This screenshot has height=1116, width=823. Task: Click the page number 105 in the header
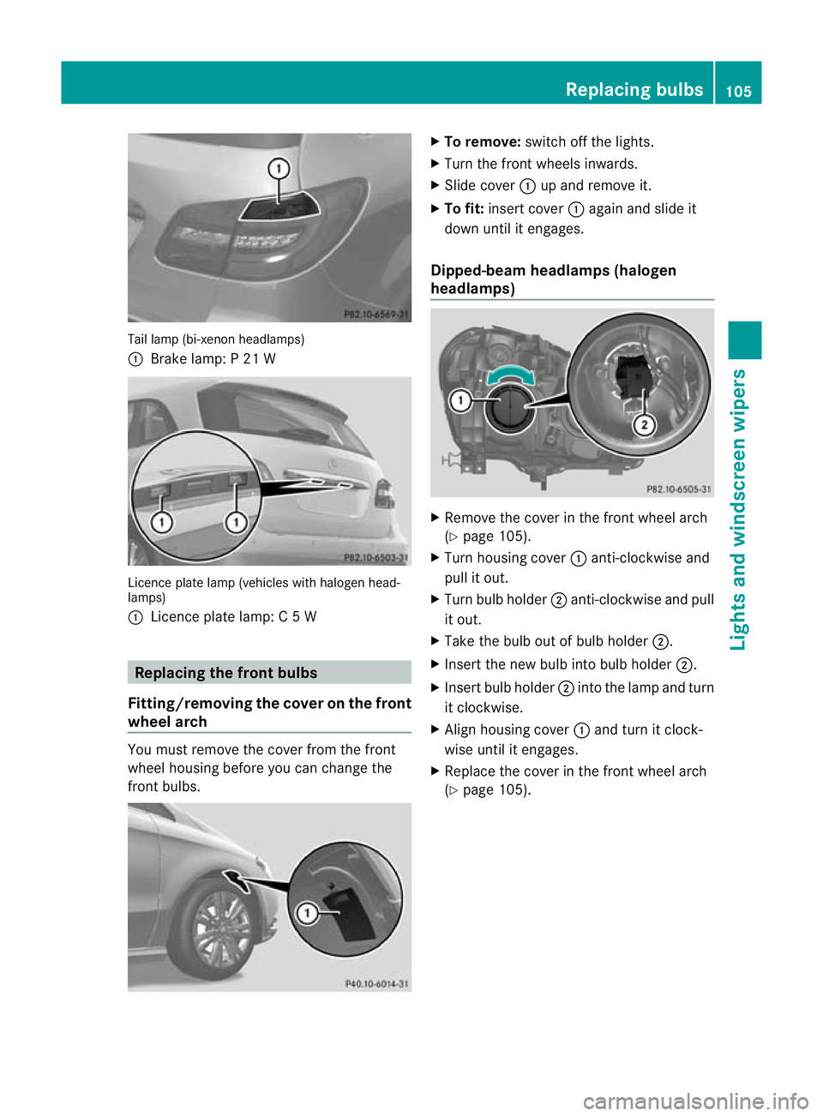pos(738,91)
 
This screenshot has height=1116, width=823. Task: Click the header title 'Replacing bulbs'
pos(634,89)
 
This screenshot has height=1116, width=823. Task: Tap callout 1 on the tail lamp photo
pos(279,169)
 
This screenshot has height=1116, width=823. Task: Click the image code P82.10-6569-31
pos(375,315)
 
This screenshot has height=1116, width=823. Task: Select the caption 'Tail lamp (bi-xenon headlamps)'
pos(216,339)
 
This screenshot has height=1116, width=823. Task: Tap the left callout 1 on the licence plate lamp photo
pos(161,522)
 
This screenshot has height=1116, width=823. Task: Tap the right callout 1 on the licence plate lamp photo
pos(236,522)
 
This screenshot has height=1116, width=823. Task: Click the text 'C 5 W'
pos(297,617)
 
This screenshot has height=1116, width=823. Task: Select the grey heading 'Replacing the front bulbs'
pos(226,673)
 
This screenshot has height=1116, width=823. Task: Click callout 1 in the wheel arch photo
pos(306,913)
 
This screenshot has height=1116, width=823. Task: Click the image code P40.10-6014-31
pos(376,984)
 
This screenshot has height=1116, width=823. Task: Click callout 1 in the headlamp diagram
pos(460,399)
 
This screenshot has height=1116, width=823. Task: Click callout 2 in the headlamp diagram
pos(644,424)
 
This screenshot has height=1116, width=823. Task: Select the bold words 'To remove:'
pos(482,142)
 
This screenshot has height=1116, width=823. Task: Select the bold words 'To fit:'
pos(464,209)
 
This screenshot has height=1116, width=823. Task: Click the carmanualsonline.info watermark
pos(695,1101)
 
